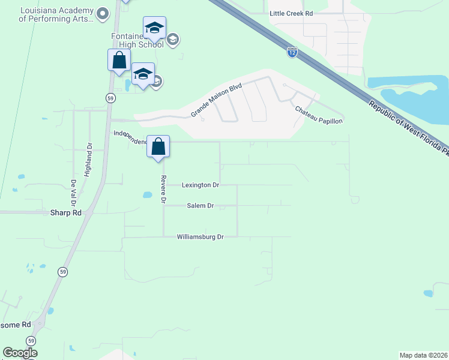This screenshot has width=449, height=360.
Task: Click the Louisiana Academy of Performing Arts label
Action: (x=56, y=14)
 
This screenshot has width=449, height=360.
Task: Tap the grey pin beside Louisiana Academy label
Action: (x=103, y=13)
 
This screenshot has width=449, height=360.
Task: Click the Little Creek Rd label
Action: (x=292, y=13)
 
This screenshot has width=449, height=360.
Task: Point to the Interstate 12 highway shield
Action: (x=292, y=53)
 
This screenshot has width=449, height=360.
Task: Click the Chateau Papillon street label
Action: (x=318, y=116)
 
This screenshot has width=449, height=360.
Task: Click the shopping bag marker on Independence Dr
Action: (x=158, y=146)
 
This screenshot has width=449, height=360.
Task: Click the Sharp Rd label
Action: (x=66, y=212)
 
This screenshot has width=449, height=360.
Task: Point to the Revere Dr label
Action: (x=163, y=189)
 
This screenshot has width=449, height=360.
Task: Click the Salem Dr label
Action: (x=202, y=206)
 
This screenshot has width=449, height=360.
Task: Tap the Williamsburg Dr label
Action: (x=200, y=237)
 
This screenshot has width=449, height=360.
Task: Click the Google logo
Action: (x=20, y=353)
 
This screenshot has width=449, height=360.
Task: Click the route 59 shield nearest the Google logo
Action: (x=31, y=340)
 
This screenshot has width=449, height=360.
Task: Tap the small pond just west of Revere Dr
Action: (x=146, y=194)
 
